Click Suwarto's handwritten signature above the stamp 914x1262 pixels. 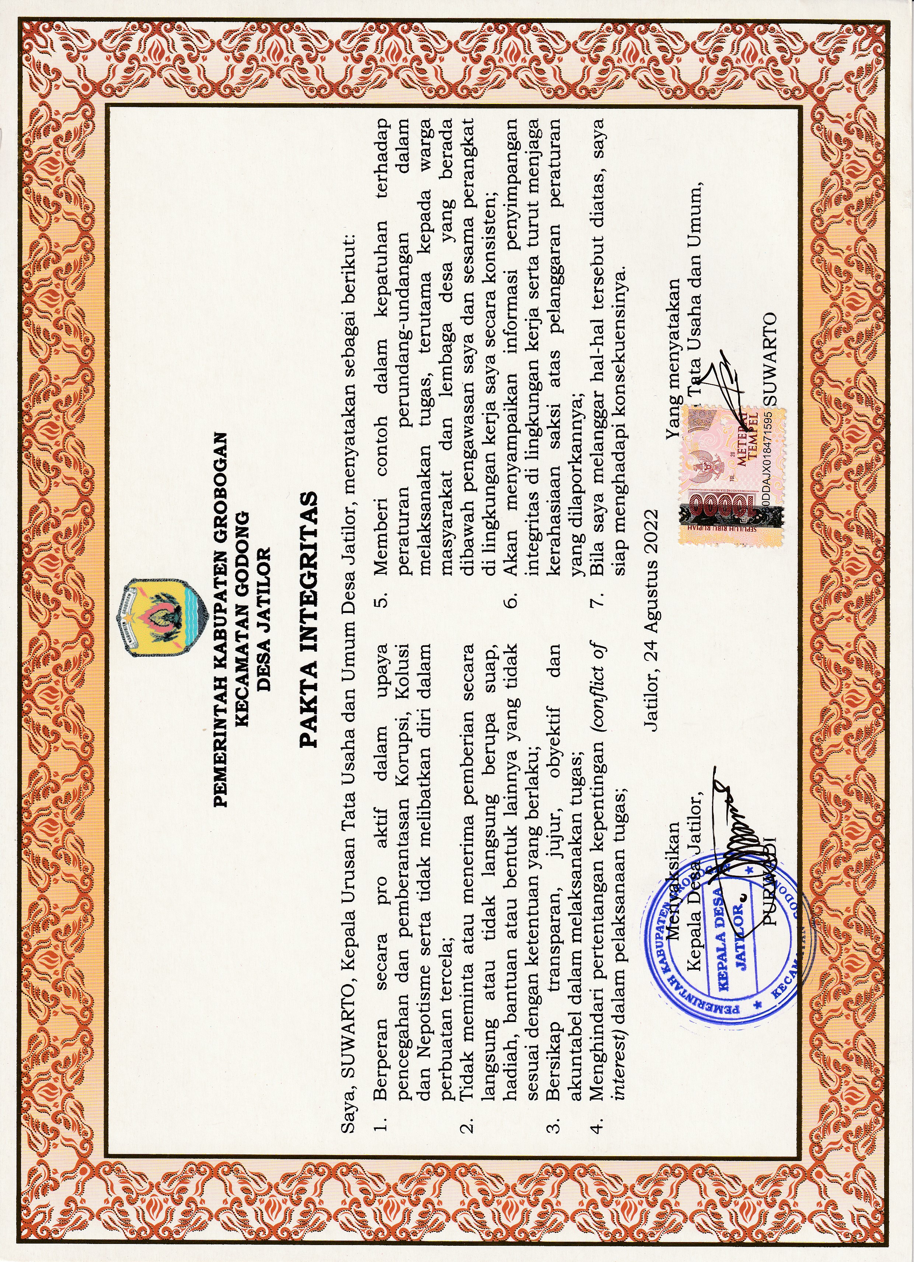click(x=723, y=384)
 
